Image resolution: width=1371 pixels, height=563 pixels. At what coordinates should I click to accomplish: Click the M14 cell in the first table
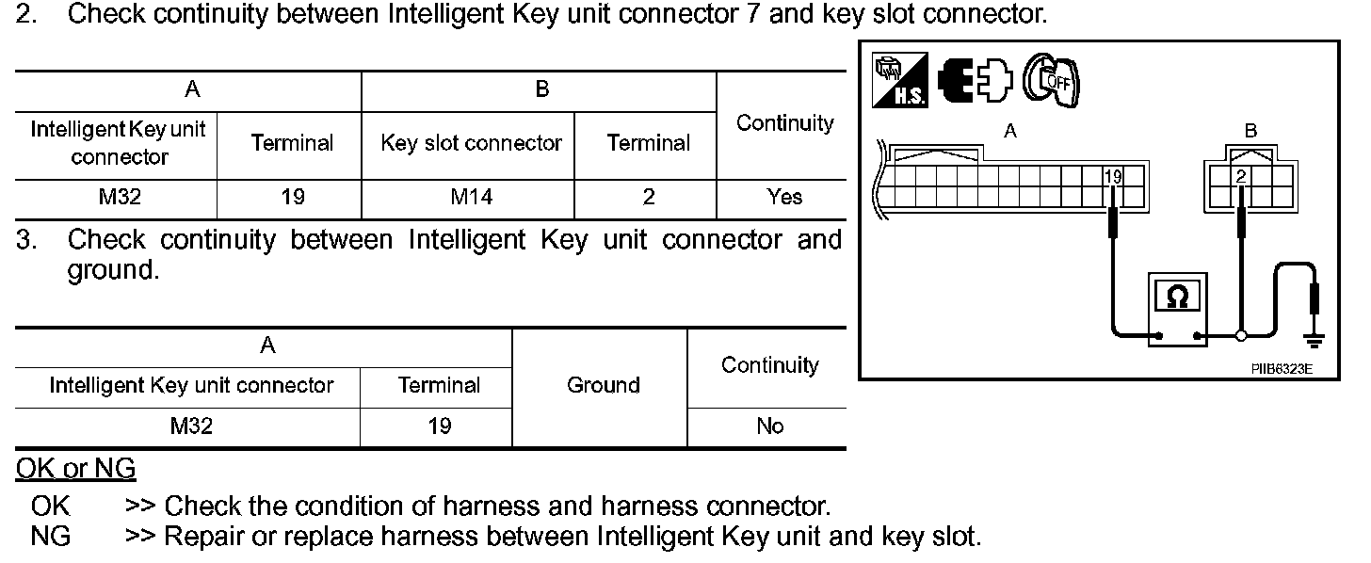(468, 197)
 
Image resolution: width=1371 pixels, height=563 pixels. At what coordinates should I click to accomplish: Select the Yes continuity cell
(783, 197)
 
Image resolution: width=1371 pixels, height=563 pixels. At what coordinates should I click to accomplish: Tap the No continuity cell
(769, 426)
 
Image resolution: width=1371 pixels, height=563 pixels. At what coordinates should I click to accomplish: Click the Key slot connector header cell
(470, 143)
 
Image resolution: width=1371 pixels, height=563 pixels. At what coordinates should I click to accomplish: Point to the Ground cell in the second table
(603, 385)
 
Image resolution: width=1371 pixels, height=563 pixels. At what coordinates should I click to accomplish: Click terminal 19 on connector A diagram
(1114, 175)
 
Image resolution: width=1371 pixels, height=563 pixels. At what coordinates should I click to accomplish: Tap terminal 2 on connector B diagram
(1242, 175)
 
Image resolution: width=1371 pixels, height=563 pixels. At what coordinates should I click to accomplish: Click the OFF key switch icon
(1051, 80)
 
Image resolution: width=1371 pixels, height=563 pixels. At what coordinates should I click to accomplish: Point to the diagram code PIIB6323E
(1281, 369)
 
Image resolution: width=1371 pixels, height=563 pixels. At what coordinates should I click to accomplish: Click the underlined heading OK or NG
(75, 468)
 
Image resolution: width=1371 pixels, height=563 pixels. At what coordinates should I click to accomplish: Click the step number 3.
(25, 240)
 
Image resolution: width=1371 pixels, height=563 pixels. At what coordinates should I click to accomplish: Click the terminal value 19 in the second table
(438, 426)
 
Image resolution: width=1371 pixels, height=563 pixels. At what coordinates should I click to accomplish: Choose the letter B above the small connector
(1250, 132)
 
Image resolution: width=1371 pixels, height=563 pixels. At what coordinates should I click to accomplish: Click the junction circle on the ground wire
(1242, 335)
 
